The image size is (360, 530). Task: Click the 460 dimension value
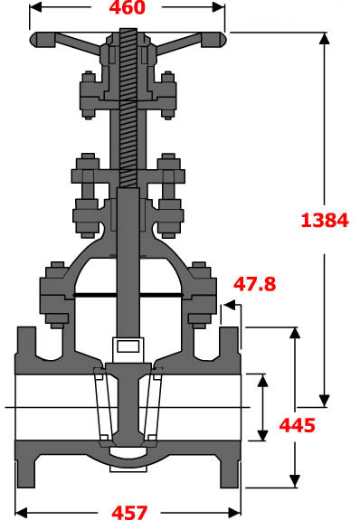(128, 9)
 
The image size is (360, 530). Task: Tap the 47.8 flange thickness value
(254, 284)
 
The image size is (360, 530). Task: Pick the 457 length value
(128, 513)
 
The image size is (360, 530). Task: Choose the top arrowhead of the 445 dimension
(293, 333)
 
